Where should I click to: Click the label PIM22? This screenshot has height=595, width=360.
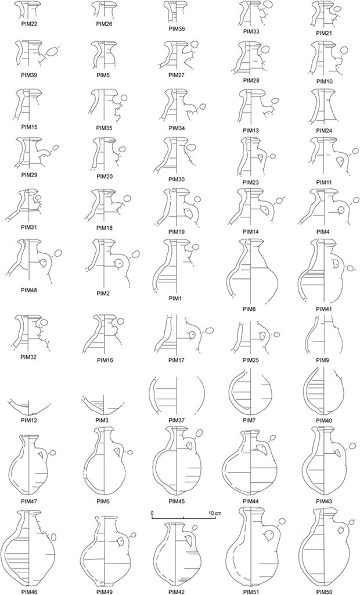point(29,24)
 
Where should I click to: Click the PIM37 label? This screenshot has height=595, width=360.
point(177,420)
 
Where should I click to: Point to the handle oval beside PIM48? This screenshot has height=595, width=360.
point(57,253)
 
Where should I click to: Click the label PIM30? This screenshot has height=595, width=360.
point(177,180)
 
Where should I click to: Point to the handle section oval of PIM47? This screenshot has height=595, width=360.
point(53,452)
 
